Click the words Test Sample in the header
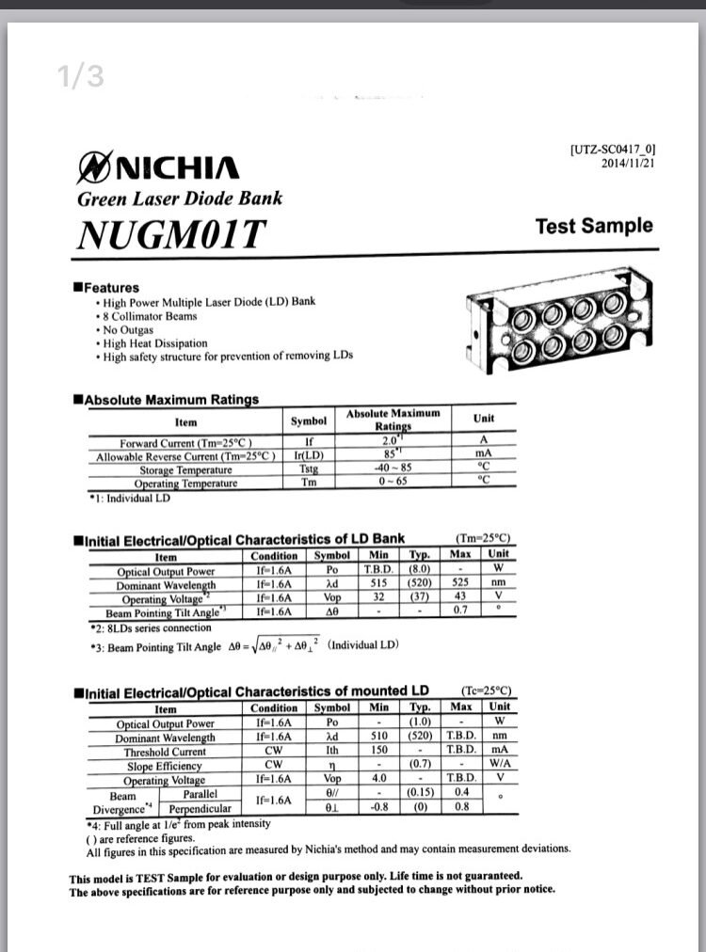593,226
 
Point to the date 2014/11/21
628,163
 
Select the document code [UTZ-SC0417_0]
612,149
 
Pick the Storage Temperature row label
185,470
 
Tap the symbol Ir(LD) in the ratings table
309,456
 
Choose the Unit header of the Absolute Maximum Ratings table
484,419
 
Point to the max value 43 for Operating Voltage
460,597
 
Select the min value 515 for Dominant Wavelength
378,584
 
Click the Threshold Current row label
165,752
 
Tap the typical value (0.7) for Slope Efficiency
419,766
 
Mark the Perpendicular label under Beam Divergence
200,808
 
